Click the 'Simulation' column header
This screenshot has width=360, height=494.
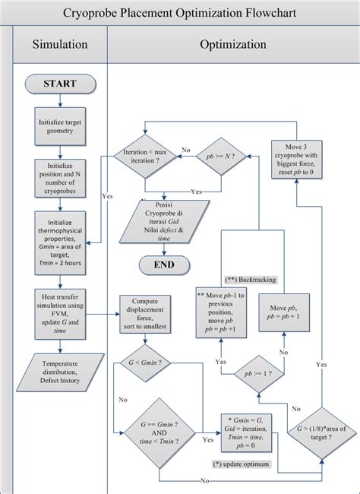point(60,45)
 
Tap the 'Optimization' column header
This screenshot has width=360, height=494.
point(232,45)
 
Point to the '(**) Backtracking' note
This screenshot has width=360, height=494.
point(251,280)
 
